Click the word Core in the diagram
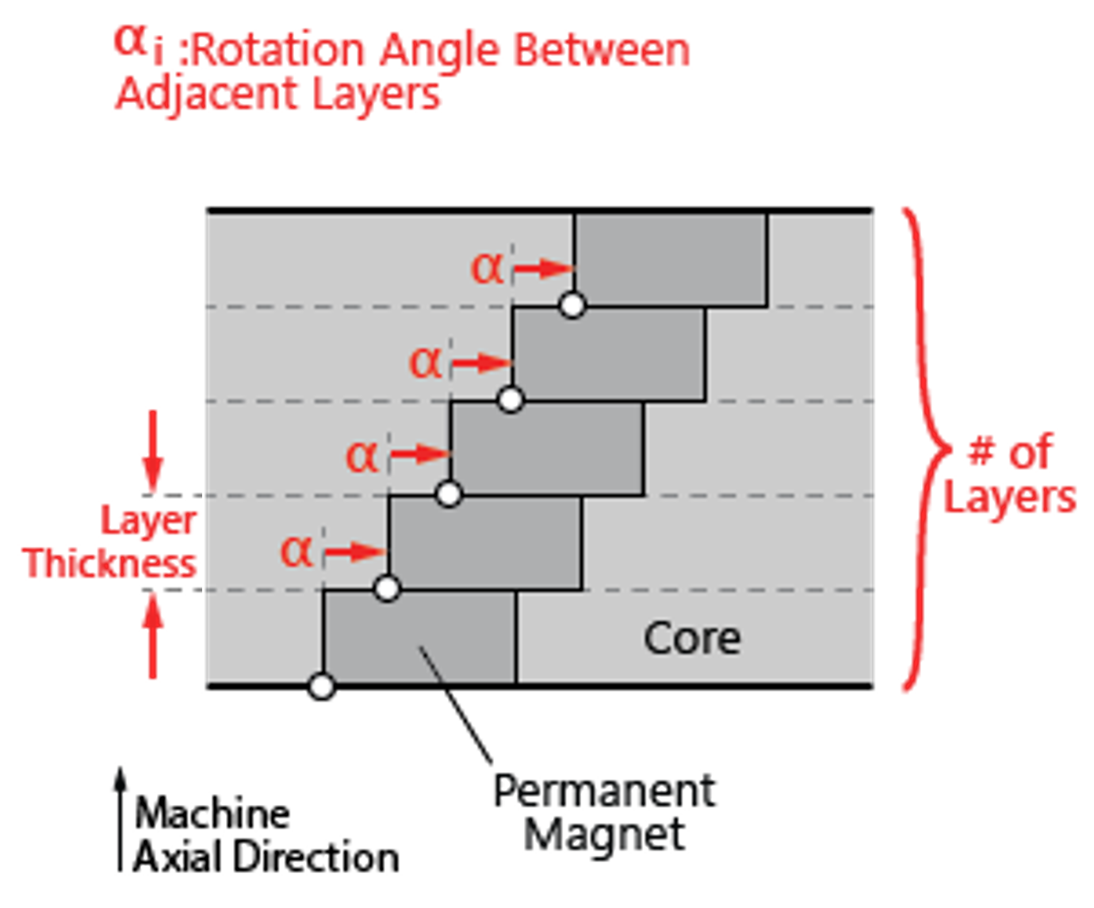(692, 639)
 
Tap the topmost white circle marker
(572, 304)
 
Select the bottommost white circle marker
(321, 685)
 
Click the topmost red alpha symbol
(487, 269)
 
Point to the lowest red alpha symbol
(296, 551)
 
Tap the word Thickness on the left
(111, 564)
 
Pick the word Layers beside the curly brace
(1010, 498)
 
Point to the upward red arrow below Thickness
(153, 638)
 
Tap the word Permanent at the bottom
(605, 791)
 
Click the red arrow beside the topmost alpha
(543, 269)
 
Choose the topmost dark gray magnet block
(671, 260)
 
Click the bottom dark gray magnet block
(420, 637)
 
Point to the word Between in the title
(602, 52)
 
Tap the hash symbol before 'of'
(981, 452)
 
